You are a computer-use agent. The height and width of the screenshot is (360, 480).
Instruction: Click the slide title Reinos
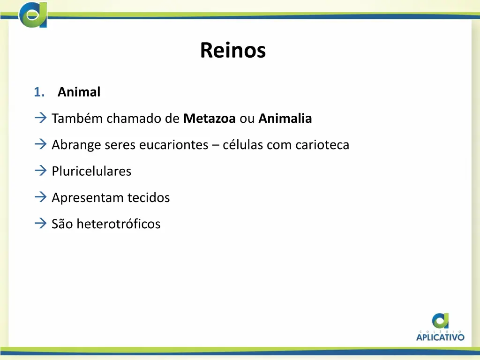tap(232, 50)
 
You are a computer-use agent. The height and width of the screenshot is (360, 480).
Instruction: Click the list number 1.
tap(38, 92)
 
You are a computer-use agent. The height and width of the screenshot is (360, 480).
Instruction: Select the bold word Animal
tap(79, 92)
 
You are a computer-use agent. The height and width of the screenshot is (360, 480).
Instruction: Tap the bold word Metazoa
tap(210, 119)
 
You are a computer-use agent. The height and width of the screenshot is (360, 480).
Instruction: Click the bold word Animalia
tap(285, 119)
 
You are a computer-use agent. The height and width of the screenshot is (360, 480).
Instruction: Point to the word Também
tap(77, 119)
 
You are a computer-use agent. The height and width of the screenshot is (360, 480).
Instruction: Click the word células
tap(243, 145)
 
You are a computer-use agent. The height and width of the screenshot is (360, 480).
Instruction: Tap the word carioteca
tap(322, 145)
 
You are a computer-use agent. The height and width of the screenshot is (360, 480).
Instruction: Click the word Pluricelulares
tap(91, 171)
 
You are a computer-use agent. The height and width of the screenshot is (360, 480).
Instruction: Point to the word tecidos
tap(147, 197)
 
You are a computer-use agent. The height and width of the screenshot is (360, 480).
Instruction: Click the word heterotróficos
tap(118, 224)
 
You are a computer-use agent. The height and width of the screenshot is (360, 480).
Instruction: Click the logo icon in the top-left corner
tap(33, 15)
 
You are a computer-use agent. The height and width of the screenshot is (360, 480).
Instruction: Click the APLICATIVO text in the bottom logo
tap(440, 337)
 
